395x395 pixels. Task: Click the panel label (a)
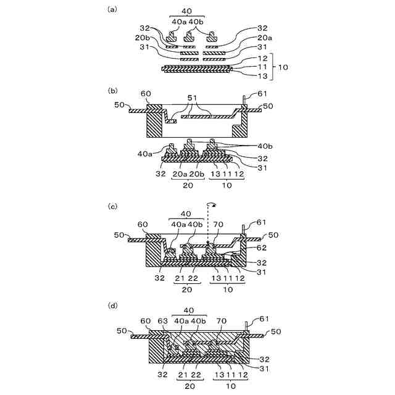(x=112, y=9)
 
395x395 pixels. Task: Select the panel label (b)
(x=112, y=89)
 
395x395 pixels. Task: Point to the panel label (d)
(x=112, y=305)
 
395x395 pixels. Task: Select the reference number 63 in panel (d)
(x=164, y=321)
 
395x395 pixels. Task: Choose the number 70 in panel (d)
(x=221, y=321)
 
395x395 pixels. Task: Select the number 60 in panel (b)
(x=146, y=94)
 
